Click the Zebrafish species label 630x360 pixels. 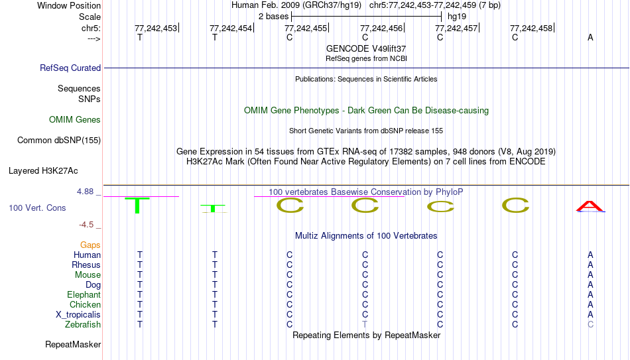click(x=83, y=325)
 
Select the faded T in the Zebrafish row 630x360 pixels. click(x=365, y=325)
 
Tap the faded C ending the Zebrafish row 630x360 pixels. click(x=590, y=325)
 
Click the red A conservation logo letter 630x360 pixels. click(x=590, y=206)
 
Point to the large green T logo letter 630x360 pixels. click(x=137, y=206)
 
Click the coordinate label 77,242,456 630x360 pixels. click(x=381, y=28)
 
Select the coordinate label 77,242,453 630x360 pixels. click(x=155, y=28)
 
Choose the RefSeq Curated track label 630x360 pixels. click(x=70, y=68)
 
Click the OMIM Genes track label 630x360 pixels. click(x=75, y=120)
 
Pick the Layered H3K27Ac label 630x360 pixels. click(x=43, y=171)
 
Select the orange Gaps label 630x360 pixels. click(x=90, y=245)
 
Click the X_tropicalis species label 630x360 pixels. click(x=78, y=315)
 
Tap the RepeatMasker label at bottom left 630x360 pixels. click(x=73, y=344)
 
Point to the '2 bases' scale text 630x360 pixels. click(x=273, y=17)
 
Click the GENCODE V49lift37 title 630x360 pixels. click(x=366, y=48)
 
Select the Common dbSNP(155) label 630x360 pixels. click(x=59, y=141)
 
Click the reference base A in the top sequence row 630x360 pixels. click(x=590, y=37)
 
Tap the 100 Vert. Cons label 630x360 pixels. click(x=37, y=208)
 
